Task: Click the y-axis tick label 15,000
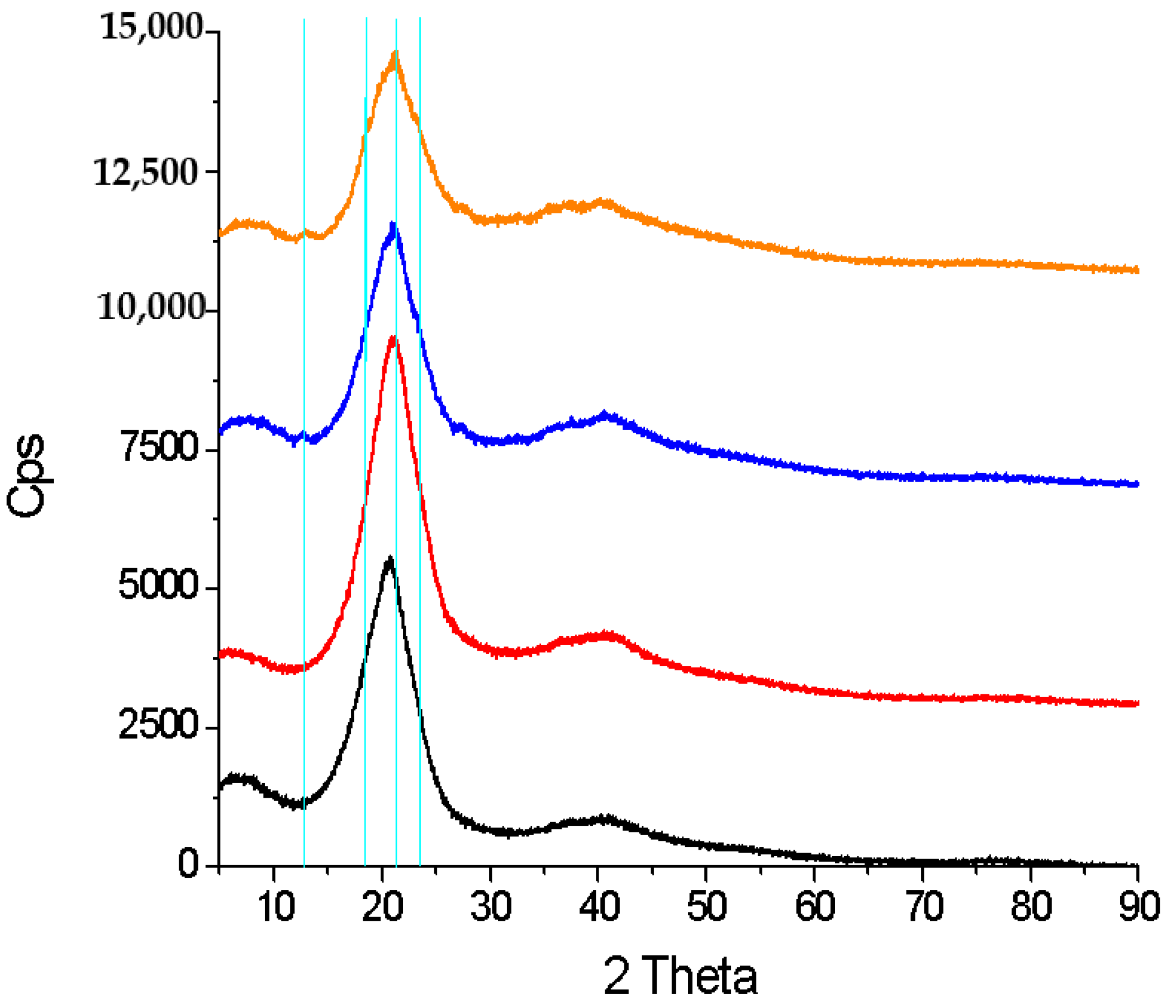150,27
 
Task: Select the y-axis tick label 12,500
146,172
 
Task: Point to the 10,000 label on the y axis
149,307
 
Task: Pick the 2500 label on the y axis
158,726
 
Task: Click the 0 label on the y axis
188,864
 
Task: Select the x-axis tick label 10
276,907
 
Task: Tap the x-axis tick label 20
382,907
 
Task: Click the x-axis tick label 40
599,907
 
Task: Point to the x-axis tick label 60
815,907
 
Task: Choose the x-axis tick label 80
1031,907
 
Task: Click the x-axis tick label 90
1138,907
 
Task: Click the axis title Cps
26,475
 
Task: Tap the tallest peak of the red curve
392,338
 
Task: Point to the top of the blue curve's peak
392,225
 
